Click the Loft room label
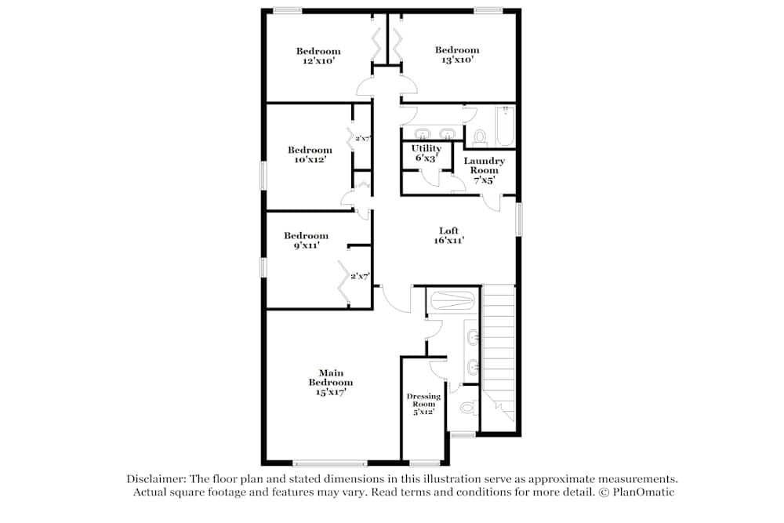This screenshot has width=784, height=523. [448, 231]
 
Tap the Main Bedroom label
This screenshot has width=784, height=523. [331, 377]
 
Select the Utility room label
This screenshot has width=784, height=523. [426, 148]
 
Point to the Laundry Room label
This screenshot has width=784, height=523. [484, 165]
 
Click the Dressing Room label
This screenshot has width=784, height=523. [423, 400]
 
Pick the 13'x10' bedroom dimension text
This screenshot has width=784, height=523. [457, 60]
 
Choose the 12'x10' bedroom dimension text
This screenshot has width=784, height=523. [318, 60]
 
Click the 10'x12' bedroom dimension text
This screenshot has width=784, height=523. [310, 159]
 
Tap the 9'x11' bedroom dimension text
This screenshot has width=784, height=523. [306, 245]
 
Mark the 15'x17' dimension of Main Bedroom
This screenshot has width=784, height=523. [331, 393]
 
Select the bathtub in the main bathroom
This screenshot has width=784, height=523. [452, 300]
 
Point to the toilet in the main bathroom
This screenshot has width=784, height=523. [468, 408]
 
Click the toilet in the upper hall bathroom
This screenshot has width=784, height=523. [480, 137]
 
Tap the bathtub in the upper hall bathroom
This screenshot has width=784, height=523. [505, 126]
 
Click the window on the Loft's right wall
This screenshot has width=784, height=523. [518, 219]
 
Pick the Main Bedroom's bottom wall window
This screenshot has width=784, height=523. [330, 463]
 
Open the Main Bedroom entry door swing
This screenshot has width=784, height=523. [395, 299]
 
